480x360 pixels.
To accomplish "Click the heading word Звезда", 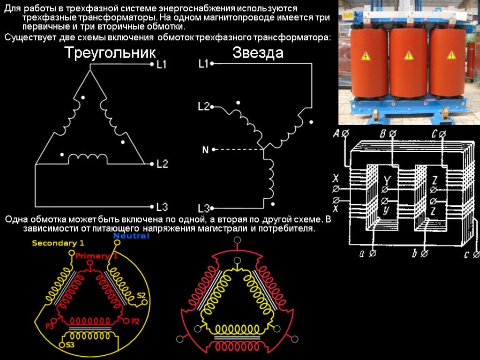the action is click(258, 53).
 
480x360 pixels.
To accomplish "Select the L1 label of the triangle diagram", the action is click(162, 66).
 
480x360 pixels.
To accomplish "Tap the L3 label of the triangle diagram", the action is click(162, 207).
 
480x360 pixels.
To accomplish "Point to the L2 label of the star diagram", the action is click(203, 107).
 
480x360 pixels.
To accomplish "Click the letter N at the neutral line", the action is click(205, 150).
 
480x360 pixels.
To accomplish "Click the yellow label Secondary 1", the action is click(58, 243).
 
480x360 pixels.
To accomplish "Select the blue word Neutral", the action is click(131, 236).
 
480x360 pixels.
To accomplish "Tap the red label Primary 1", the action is click(97, 256).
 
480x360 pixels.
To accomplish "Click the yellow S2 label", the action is click(141, 295).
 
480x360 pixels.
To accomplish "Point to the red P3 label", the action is click(50, 325).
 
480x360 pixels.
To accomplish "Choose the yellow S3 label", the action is click(70, 345).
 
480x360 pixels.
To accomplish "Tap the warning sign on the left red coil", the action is click(366, 57).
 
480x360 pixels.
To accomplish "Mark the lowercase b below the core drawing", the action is click(414, 254).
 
